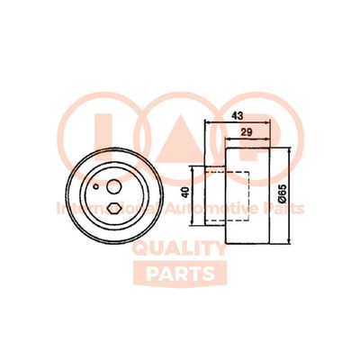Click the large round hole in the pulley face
coord(115,187)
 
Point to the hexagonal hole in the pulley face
coord(113,208)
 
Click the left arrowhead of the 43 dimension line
coord(208,123)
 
